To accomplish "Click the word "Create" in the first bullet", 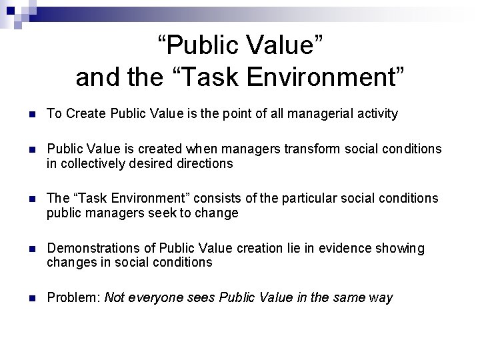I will (79, 114).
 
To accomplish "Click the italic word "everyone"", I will (149, 298).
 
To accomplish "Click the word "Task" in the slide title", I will (211, 77).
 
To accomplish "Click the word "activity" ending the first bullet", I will (376, 114).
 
